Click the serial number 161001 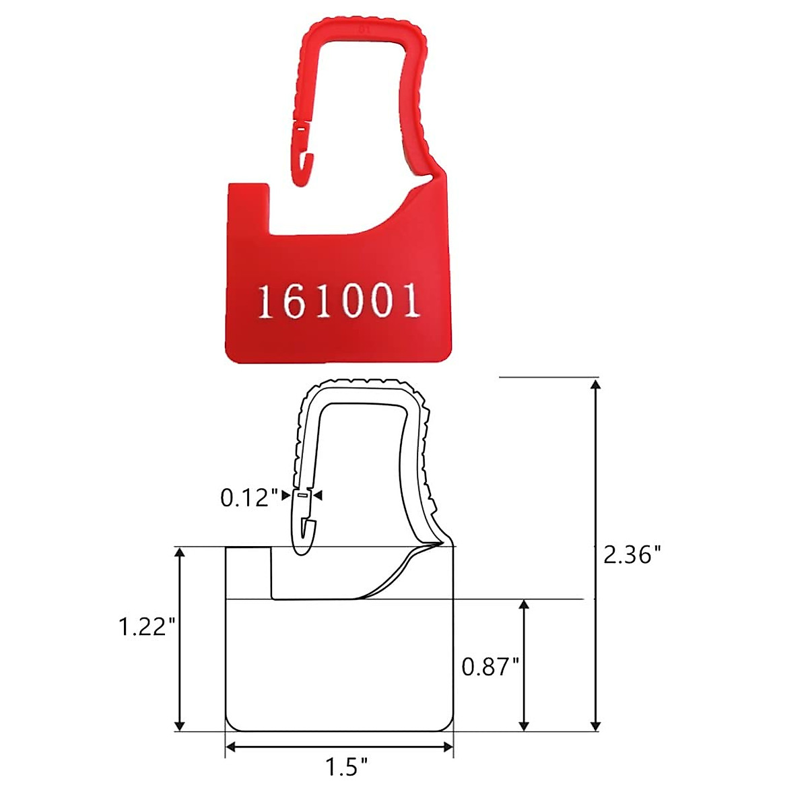tap(339, 301)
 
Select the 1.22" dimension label tap(147, 627)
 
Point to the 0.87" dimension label tap(490, 667)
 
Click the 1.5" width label tap(347, 767)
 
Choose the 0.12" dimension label tap(249, 498)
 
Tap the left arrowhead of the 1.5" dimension tap(231, 746)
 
